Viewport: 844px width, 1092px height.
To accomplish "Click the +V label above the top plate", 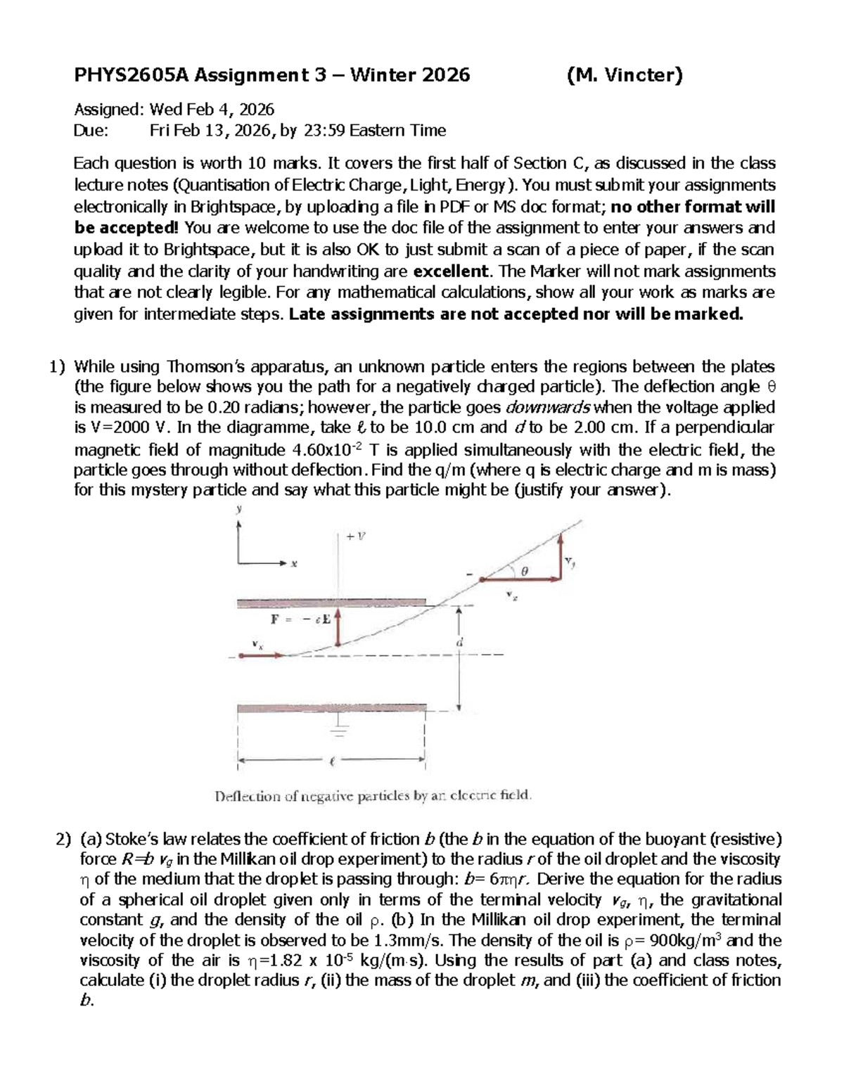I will (357, 536).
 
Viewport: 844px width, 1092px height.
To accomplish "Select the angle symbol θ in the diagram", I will (524, 572).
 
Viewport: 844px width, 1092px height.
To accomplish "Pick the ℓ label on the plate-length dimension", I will (332, 760).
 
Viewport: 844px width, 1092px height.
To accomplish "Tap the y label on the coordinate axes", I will (238, 509).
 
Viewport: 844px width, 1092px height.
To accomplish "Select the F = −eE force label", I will (300, 619).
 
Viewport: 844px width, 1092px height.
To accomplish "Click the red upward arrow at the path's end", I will (561, 555).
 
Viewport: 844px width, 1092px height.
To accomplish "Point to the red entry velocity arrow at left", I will (261, 655).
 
